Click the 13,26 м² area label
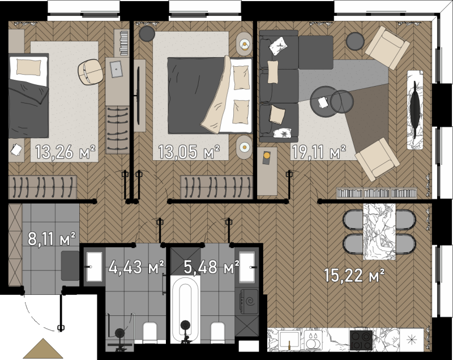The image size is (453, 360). (66, 152)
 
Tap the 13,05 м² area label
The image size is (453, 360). (189, 152)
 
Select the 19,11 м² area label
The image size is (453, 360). (319, 152)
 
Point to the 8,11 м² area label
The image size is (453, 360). (52, 239)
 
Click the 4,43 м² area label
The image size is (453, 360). (136, 267)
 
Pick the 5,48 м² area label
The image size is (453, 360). (211, 267)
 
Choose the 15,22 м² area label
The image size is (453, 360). (354, 276)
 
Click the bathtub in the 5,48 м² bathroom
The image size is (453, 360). (186, 310)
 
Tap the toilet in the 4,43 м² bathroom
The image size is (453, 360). (150, 333)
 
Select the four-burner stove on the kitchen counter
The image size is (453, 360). (361, 340)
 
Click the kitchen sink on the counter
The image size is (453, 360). (289, 341)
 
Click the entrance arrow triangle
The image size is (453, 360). (43, 349)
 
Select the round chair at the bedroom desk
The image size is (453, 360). (91, 72)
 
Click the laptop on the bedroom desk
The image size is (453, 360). (116, 69)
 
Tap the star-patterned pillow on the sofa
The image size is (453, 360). (281, 133)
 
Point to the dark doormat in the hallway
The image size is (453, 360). (70, 265)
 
